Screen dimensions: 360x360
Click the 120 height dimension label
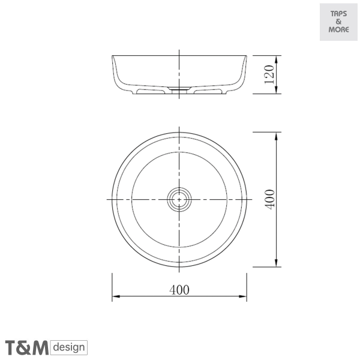[x=269, y=74]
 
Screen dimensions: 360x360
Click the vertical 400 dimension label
[x=269, y=199]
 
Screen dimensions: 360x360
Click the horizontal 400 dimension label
[x=179, y=290]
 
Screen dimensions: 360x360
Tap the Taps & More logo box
[x=338, y=22]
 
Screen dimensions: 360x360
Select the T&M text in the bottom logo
[x=27, y=348]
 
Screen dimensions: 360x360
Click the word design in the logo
[x=69, y=347]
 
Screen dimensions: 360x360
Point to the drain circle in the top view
[x=179, y=199]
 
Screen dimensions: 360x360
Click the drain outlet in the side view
[x=179, y=90]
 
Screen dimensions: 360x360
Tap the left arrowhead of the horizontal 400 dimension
[x=116, y=296]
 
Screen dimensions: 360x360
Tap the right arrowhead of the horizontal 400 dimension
[x=242, y=296]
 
